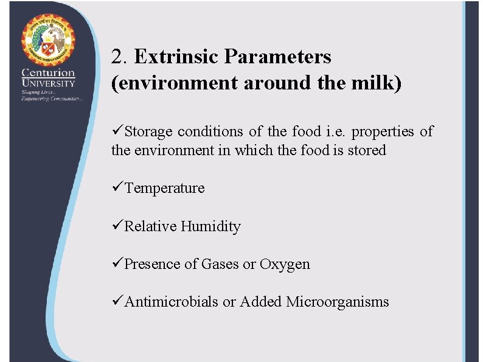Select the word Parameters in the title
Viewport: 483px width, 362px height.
click(x=277, y=57)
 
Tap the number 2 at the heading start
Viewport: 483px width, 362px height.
click(x=117, y=57)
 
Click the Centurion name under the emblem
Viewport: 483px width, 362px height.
click(x=49, y=74)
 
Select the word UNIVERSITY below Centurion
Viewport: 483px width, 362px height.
click(x=49, y=83)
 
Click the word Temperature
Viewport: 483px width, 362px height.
click(x=164, y=188)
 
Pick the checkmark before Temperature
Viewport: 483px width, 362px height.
click(x=117, y=188)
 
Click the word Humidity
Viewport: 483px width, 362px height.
click(x=210, y=226)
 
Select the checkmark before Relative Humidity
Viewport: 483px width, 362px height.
click(x=117, y=226)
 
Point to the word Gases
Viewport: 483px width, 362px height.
click(x=220, y=264)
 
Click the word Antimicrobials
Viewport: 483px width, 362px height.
click(x=171, y=302)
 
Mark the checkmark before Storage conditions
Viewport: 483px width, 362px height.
click(x=117, y=131)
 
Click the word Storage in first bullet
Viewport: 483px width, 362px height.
click(x=148, y=131)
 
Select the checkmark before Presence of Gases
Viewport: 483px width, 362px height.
click(x=117, y=264)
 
